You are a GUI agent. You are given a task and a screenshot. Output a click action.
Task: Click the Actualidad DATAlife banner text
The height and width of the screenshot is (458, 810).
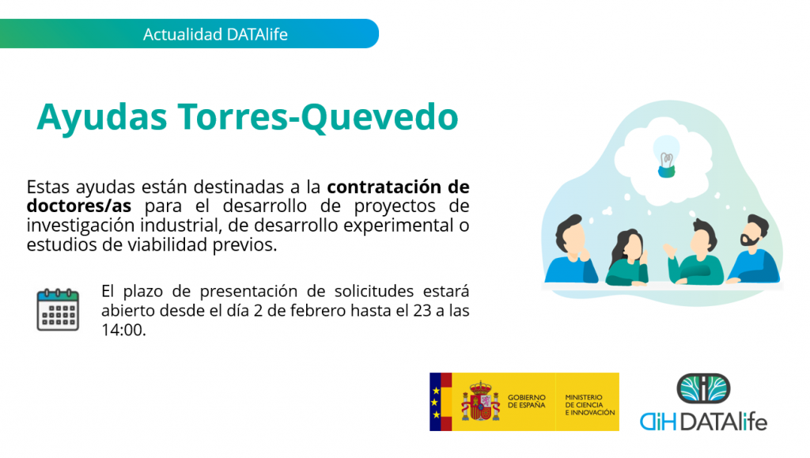[215, 34]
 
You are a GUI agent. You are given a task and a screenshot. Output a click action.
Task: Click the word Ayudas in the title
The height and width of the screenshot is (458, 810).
[102, 118]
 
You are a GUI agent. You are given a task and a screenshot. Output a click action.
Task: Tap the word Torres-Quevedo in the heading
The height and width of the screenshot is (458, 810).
[318, 117]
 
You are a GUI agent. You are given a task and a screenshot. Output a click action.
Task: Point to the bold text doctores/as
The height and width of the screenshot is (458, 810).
[79, 206]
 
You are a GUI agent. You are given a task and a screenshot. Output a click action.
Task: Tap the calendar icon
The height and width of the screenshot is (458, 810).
[58, 310]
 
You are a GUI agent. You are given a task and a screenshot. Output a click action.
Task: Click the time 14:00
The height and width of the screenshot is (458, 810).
[123, 329]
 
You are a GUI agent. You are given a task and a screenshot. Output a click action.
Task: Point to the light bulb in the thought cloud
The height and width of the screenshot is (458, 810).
[666, 157]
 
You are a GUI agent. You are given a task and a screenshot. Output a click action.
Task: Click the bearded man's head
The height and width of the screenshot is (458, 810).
[753, 231]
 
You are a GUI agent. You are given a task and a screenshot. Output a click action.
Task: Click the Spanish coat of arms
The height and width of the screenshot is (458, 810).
[480, 401]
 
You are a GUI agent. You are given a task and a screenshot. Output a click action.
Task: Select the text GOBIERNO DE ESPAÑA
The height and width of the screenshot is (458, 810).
[526, 401]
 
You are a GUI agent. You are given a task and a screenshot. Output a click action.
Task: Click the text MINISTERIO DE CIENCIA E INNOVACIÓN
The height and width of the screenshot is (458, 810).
[590, 405]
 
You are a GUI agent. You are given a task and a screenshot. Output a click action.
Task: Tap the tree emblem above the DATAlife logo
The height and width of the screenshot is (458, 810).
[703, 388]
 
